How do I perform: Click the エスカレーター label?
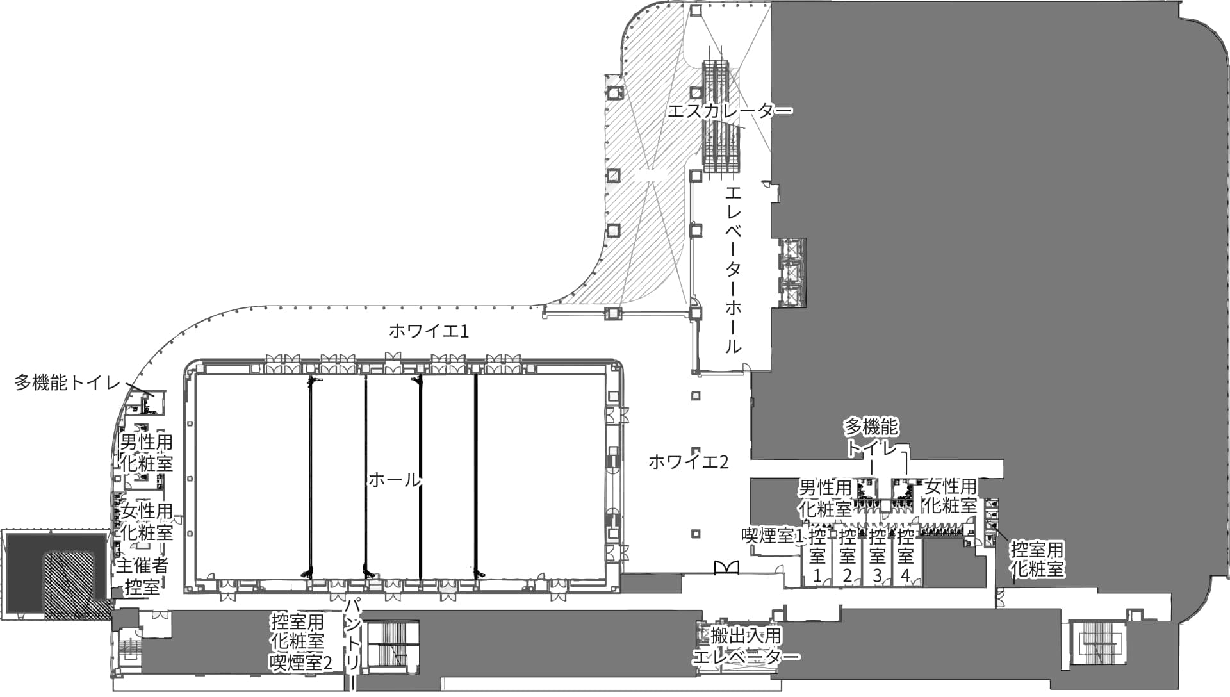(730, 111)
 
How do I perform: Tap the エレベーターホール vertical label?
(734, 270)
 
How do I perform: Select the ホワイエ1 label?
(429, 331)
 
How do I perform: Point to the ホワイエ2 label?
(688, 462)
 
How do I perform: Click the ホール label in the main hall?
(395, 479)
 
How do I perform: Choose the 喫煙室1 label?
(773, 536)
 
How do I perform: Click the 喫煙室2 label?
(301, 662)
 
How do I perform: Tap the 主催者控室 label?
(142, 576)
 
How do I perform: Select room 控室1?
(817, 555)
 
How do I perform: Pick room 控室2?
(847, 555)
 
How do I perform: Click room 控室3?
(877, 555)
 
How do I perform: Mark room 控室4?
(905, 555)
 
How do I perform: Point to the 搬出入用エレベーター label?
(746, 646)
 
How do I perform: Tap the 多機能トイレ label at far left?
(68, 383)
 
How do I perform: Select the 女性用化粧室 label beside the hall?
(147, 521)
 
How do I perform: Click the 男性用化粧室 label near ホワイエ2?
(825, 498)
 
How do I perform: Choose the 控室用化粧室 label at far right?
(1037, 559)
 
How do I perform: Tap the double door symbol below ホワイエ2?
(726, 567)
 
